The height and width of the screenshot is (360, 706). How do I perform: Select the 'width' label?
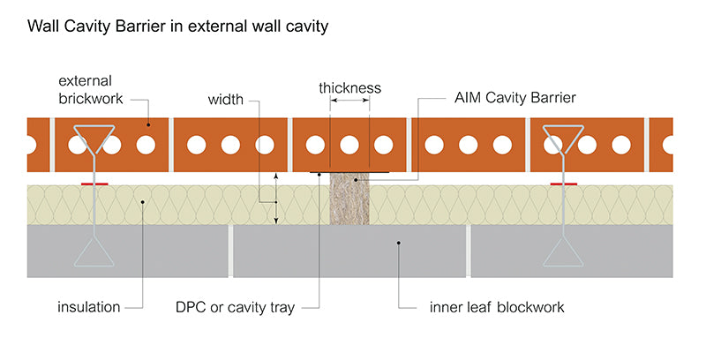tap(226, 99)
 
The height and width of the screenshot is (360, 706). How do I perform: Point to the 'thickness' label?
tap(349, 87)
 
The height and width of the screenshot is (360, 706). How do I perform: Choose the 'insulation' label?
tap(88, 307)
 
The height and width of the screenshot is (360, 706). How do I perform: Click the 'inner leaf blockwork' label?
tap(497, 307)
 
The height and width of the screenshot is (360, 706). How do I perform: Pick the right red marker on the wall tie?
tap(563, 184)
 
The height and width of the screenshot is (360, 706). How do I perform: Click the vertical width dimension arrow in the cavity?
tap(276, 198)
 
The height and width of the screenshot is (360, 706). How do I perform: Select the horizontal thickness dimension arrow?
tap(350, 102)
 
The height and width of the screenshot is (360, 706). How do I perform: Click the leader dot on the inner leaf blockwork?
tap(400, 242)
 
